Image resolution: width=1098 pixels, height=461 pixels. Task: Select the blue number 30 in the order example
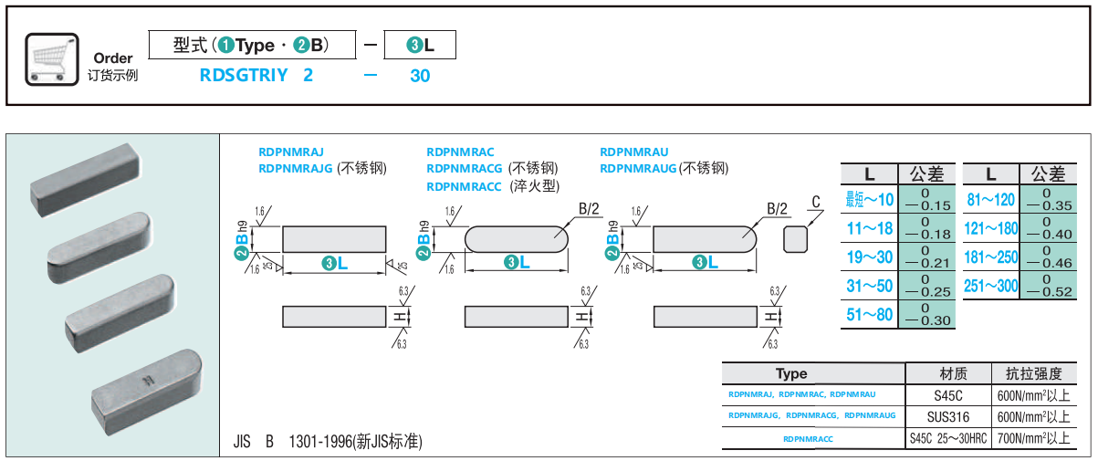click(x=420, y=76)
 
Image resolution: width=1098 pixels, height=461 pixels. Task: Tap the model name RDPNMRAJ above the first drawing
click(x=291, y=152)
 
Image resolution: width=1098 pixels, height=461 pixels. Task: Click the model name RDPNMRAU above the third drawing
click(x=634, y=152)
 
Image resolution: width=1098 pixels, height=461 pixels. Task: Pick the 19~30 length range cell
click(x=869, y=257)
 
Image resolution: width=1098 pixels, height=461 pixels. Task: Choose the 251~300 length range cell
click(x=991, y=286)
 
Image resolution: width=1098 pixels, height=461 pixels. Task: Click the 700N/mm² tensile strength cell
click(x=1034, y=438)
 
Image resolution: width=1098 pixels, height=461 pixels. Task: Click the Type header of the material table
click(x=791, y=373)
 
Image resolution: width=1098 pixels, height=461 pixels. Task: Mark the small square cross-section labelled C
click(x=796, y=238)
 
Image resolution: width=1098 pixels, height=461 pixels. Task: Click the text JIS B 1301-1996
click(x=327, y=442)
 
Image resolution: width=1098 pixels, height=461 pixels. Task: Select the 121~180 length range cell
click(x=991, y=229)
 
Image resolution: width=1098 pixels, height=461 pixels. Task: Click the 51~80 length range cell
click(x=869, y=314)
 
